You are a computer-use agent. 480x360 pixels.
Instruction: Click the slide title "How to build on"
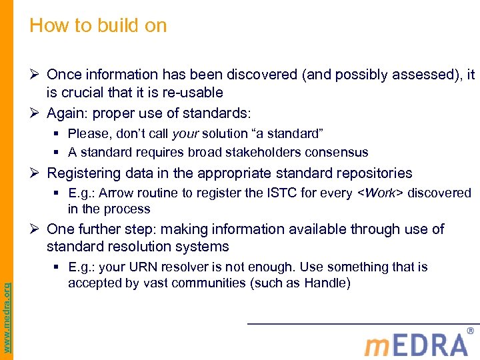tap(98, 26)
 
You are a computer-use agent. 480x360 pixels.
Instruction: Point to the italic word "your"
tap(185, 133)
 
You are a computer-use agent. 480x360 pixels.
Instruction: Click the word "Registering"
tap(83, 173)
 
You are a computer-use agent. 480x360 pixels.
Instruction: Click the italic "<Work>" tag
tap(381, 193)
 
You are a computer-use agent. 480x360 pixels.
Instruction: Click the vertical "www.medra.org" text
tap(7, 307)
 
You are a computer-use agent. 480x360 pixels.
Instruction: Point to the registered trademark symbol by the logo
tap(471, 331)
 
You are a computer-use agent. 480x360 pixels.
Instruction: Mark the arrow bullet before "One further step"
tap(35, 229)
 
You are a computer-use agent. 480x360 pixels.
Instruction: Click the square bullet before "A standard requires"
tap(59, 152)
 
